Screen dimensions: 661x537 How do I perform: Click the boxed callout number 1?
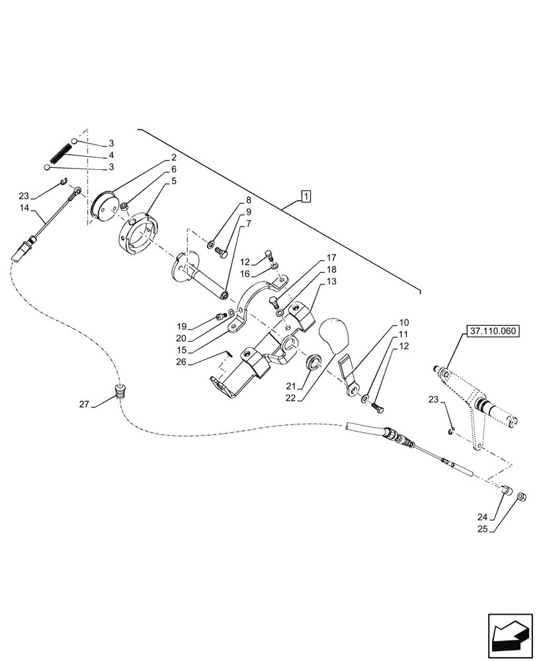pyautogui.click(x=305, y=196)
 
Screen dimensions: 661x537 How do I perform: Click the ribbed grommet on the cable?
pyautogui.click(x=120, y=392)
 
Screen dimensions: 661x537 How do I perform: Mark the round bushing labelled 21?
pyautogui.click(x=313, y=361)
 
